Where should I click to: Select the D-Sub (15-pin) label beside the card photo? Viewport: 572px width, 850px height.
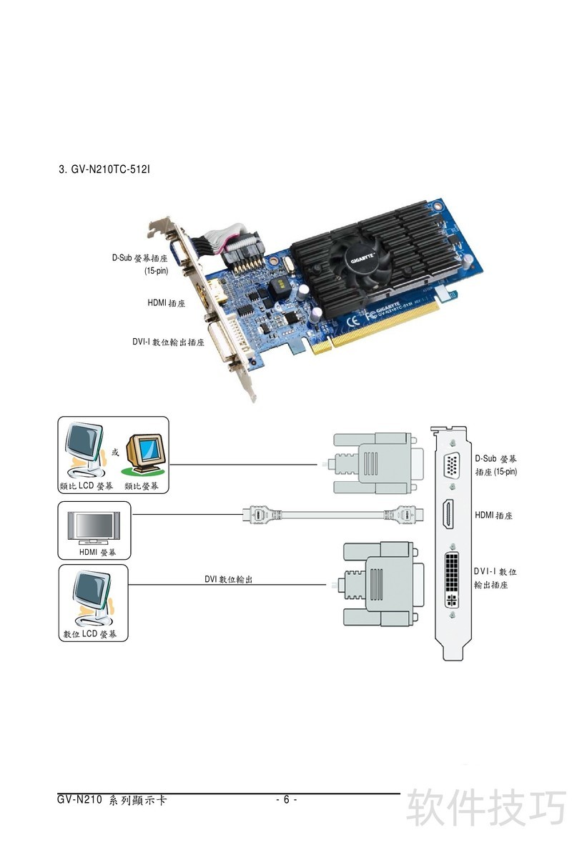(140, 264)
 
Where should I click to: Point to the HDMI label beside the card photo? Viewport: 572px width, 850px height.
(167, 303)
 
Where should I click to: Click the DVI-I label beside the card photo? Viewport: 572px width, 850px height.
(168, 342)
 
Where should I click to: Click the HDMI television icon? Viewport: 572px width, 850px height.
(90, 528)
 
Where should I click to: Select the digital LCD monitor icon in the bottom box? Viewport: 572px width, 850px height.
(90, 595)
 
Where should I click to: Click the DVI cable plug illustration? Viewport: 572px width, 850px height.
(379, 583)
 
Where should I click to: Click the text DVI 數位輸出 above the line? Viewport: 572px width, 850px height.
(228, 579)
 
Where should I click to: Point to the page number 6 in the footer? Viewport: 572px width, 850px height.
(286, 799)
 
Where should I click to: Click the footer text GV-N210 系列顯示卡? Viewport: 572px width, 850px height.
(112, 800)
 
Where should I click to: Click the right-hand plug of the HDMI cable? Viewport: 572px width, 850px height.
(405, 514)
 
